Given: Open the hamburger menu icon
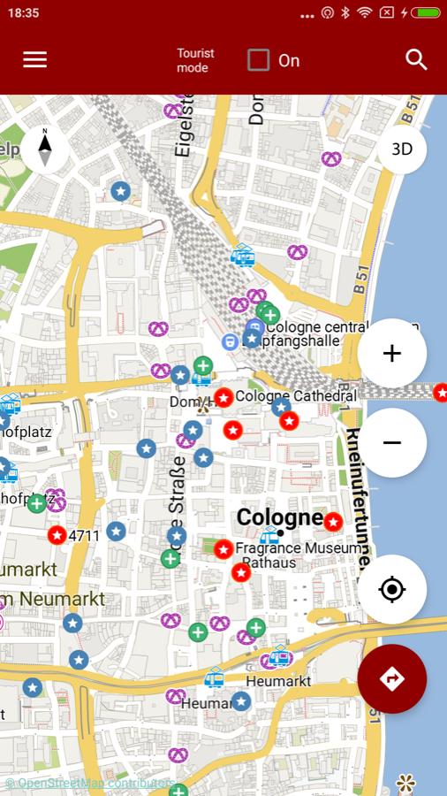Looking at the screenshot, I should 35,60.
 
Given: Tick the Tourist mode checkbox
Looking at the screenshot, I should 258,60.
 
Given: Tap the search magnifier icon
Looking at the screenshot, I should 416,60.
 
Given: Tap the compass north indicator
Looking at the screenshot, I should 45,149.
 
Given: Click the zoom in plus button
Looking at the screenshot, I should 392,353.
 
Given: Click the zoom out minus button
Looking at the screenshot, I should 392,442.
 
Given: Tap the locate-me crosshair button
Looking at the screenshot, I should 392,589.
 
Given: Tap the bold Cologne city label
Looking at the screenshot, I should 279,517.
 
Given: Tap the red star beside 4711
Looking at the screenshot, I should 57,535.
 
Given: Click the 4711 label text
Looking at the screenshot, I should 84,535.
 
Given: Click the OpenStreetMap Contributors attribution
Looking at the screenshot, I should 88,784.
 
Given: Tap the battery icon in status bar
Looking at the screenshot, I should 425,13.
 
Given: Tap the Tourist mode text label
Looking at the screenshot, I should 195,60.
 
